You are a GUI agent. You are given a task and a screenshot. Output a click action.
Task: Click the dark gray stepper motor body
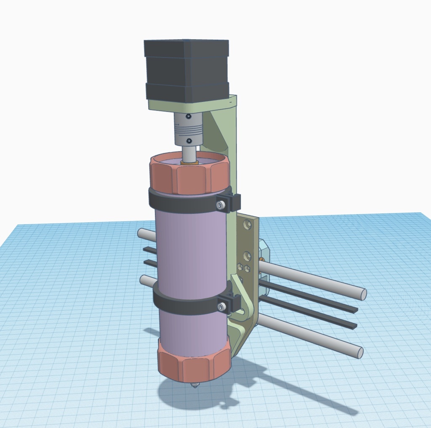tap(186, 69)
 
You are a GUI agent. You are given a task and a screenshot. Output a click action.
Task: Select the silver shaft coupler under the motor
tap(188, 128)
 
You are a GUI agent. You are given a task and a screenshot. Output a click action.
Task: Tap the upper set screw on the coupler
tap(189, 116)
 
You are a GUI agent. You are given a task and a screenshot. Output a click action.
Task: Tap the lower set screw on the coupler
tap(189, 141)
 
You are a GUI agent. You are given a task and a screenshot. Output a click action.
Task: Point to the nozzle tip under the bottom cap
tap(194, 385)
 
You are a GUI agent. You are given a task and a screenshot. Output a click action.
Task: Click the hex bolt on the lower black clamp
tap(222, 307)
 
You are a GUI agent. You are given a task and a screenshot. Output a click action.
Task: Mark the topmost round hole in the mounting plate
tap(247, 225)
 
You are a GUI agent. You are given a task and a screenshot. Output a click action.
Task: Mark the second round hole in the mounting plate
tap(247, 256)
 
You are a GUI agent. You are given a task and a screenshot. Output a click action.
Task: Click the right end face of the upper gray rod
tap(363, 295)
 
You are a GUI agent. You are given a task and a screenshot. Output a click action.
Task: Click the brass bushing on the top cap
tap(189, 162)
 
